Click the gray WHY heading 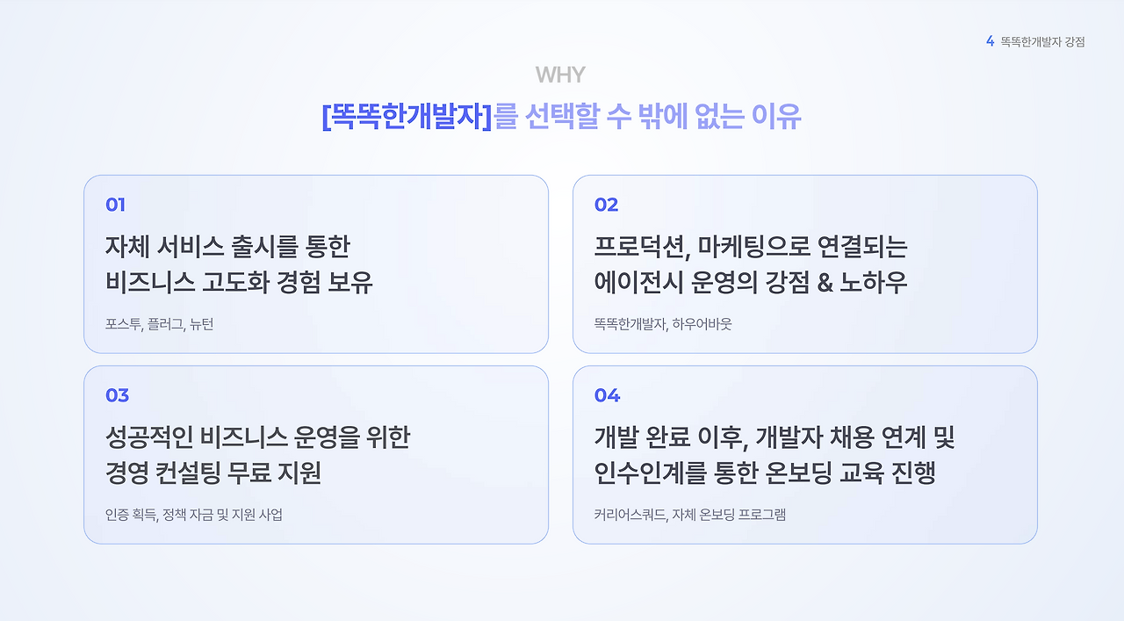[559, 75]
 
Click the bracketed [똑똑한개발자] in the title [407, 117]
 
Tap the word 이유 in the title [776, 117]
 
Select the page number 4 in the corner [990, 41]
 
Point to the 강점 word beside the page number [1073, 41]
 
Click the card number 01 [115, 205]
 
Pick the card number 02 [606, 205]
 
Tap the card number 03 [117, 395]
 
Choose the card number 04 [607, 395]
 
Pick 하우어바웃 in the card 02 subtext [702, 324]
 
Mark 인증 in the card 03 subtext [118, 515]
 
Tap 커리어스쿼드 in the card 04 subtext [630, 515]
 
